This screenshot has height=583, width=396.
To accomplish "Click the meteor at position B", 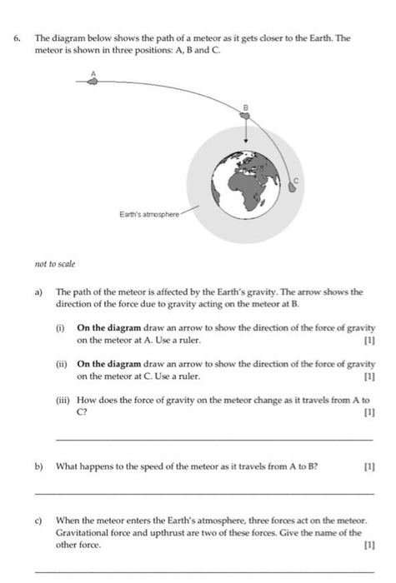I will coord(246,117).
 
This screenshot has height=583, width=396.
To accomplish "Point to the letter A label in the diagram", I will coord(94,72).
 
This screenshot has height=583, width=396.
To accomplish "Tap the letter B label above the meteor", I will coord(246,107).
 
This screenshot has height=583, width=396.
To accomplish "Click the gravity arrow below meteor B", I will coord(246,132).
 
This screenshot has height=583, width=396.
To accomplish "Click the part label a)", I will coord(38,293).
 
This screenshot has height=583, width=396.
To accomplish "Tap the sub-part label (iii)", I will coord(63,400).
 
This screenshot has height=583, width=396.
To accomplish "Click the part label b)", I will coord(38,466).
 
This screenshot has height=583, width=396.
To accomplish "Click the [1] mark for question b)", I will coord(368,466).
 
